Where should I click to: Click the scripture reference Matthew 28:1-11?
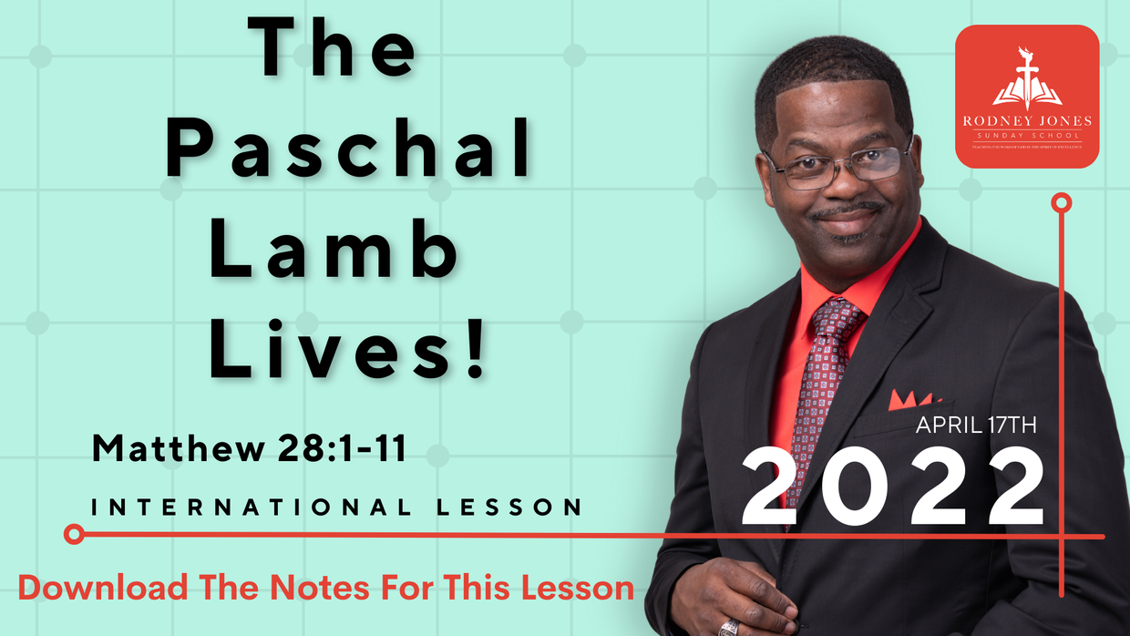tap(249, 448)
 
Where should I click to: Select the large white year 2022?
tap(892, 487)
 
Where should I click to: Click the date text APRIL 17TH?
tap(976, 425)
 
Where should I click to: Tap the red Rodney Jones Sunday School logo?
tap(1027, 97)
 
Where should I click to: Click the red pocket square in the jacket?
tap(909, 399)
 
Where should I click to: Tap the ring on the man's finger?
tap(729, 627)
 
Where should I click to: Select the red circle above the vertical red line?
tap(1061, 202)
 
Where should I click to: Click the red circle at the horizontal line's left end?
tap(75, 534)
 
